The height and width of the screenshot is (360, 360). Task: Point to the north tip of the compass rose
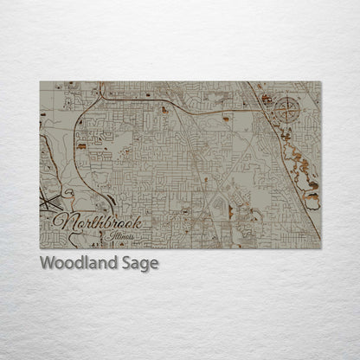coord(290,97)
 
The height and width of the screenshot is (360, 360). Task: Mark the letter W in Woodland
coord(48,263)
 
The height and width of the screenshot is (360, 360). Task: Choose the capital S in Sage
coord(128,263)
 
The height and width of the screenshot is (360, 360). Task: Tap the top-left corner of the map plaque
coord(40,82)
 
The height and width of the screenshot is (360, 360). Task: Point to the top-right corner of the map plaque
coord(320,82)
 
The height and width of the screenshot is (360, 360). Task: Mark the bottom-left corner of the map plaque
coord(40,249)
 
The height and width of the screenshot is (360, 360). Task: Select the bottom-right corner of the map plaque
coord(320,249)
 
